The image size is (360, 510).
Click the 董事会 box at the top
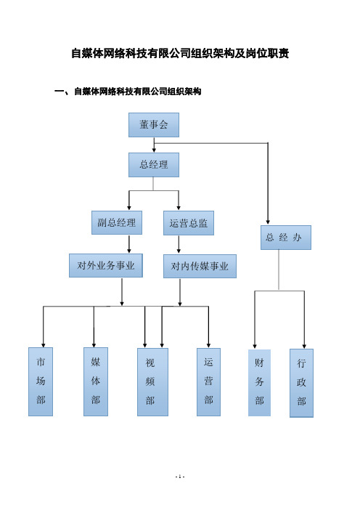154,125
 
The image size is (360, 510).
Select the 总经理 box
154,165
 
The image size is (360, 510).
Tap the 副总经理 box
117,223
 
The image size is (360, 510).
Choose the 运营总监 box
189,223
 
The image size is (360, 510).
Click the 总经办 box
285,238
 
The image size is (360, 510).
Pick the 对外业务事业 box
105,266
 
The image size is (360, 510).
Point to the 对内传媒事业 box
200,267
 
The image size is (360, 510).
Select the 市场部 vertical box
41,381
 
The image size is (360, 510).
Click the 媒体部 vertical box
96,381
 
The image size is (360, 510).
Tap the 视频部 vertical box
152,382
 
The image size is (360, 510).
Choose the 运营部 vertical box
208,382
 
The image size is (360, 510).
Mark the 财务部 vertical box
259,383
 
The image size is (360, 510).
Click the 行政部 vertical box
301,383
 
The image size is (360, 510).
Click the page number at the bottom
180,477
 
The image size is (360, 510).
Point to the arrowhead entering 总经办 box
268,222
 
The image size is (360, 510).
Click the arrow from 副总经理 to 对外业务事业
129,244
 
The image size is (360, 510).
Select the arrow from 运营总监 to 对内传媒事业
179,244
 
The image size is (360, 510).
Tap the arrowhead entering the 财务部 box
255,346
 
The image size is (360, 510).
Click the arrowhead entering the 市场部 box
44,345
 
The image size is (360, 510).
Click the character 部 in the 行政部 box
301,401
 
